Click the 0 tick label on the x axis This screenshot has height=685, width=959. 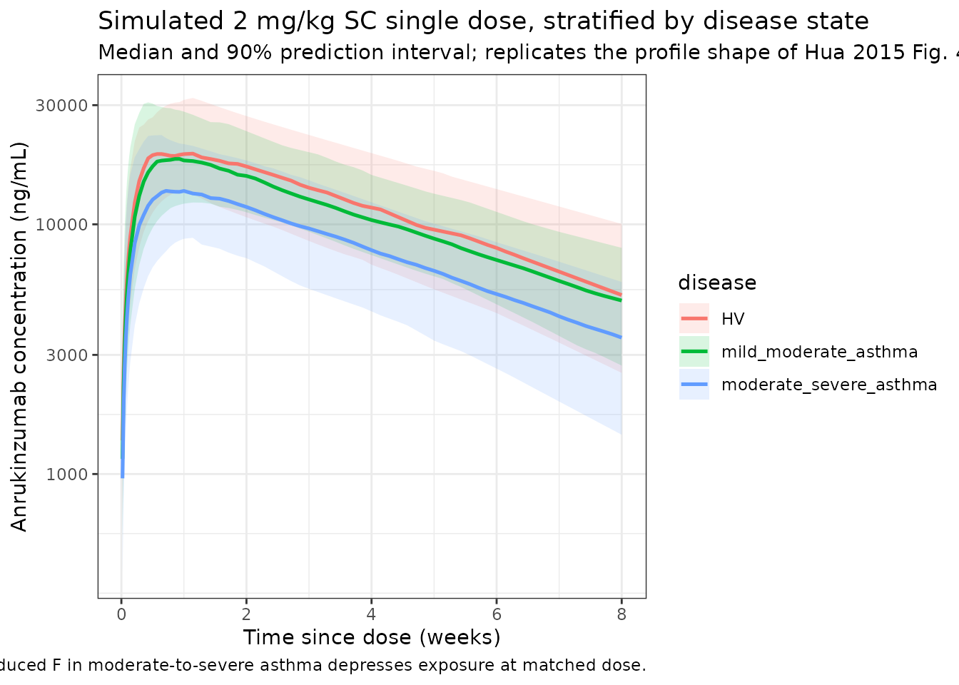click(x=121, y=614)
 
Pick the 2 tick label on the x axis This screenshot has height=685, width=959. click(x=246, y=614)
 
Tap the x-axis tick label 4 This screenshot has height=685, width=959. click(x=371, y=614)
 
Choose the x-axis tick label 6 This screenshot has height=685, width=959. click(x=497, y=614)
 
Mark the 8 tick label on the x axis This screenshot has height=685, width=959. click(x=621, y=614)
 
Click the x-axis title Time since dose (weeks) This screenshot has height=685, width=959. click(x=372, y=637)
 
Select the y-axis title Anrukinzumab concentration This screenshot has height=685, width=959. click(x=19, y=337)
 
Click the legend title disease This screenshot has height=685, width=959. click(x=717, y=283)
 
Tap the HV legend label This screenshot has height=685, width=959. click(x=733, y=319)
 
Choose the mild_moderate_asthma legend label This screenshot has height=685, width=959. click(x=819, y=352)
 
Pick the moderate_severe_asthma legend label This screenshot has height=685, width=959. click(x=829, y=385)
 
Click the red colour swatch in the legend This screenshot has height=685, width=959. click(x=694, y=319)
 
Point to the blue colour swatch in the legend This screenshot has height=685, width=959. click(x=694, y=385)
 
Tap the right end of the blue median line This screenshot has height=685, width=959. click(x=621, y=338)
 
